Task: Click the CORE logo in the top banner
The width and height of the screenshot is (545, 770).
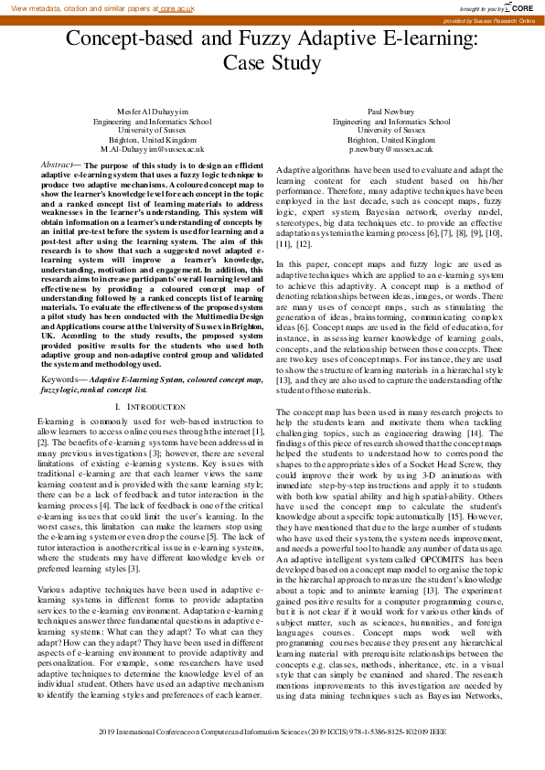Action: (523, 7)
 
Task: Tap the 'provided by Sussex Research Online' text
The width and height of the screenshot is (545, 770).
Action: (488, 19)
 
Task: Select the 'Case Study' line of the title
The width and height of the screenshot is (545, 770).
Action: (272, 63)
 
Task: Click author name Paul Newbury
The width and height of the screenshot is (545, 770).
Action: (391, 111)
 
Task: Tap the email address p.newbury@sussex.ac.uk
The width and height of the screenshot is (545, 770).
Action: (391, 147)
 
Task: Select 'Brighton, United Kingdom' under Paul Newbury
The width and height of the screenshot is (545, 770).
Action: (391, 138)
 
